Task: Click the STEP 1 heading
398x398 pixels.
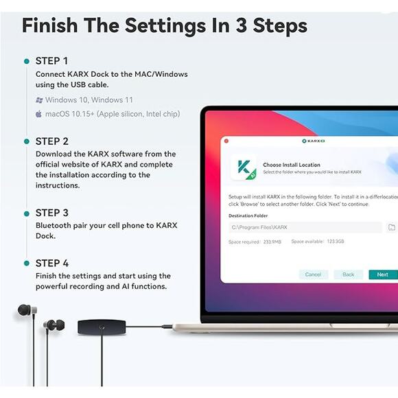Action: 51,61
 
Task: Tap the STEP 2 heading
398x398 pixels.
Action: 52,141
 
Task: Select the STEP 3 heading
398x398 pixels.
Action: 52,213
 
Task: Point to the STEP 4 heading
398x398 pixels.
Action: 52,264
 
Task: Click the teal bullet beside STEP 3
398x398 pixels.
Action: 27,213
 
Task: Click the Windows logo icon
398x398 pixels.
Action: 39,100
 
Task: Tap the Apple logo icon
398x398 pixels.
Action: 38,114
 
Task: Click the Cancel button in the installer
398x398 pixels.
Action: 313,274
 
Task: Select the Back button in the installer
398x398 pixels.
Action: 348,274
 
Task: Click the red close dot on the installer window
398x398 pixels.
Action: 226,141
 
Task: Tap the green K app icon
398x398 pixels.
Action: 244,167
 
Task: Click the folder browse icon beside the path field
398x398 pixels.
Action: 392,227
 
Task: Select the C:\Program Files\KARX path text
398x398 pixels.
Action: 259,227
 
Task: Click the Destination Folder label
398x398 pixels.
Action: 248,215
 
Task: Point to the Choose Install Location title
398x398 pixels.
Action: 292,165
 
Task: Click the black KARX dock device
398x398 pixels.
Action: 102,327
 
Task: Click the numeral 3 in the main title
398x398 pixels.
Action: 242,25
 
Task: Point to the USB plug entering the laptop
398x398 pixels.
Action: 167,327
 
